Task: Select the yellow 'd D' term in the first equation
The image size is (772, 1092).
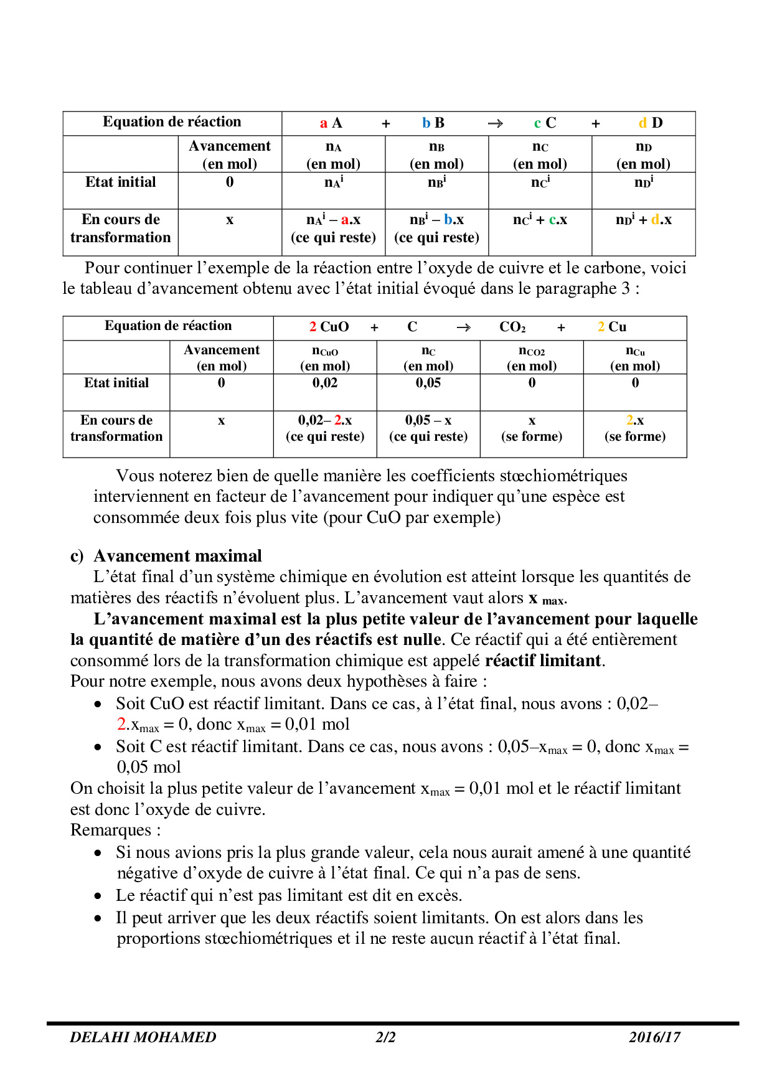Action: point(651,123)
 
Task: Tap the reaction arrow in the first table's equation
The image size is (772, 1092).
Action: point(496,123)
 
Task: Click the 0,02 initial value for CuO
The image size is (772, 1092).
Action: point(325,383)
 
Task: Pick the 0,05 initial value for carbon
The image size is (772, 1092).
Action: point(428,383)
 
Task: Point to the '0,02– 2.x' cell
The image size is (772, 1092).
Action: point(325,420)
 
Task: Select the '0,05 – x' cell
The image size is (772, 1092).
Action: point(428,420)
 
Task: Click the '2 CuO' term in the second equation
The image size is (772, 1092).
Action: point(329,327)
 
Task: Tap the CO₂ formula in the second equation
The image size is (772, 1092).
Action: point(512,327)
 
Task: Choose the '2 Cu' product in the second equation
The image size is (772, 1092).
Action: point(612,327)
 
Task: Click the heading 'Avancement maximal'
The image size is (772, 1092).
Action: point(177,556)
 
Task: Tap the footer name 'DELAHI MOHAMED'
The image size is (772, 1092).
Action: point(143,1037)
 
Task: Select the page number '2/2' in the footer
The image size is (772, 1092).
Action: point(385,1037)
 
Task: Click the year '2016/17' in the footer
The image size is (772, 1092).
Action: point(654,1037)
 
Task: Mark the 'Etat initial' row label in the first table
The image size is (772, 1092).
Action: point(121,182)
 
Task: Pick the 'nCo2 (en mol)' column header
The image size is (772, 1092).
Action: point(532,358)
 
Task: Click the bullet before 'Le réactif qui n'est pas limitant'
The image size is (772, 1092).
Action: point(98,897)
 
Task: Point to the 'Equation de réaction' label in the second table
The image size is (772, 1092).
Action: point(168,326)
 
